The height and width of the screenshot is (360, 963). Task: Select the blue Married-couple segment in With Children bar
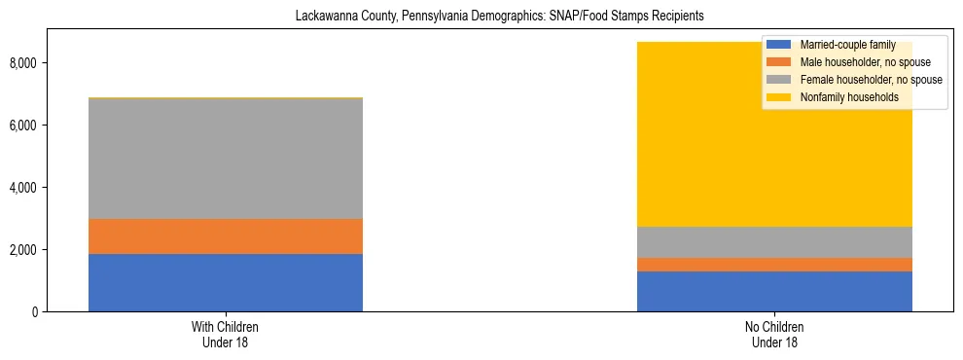[226, 282]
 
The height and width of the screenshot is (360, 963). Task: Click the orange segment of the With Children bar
[226, 236]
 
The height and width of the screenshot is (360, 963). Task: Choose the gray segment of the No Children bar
[774, 242]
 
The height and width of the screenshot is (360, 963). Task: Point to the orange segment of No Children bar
[774, 265]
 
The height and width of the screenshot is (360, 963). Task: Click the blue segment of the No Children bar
[774, 291]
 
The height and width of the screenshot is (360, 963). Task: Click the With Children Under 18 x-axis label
[226, 335]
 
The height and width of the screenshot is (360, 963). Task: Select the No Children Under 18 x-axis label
[774, 335]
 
